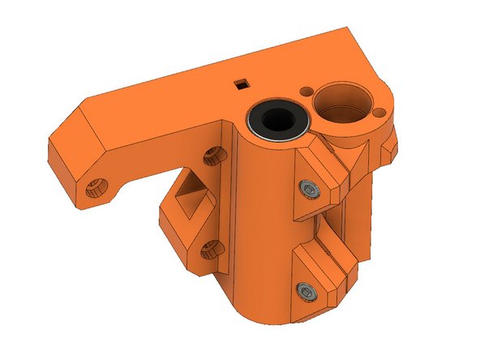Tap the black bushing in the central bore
277,118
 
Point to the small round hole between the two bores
308,92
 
